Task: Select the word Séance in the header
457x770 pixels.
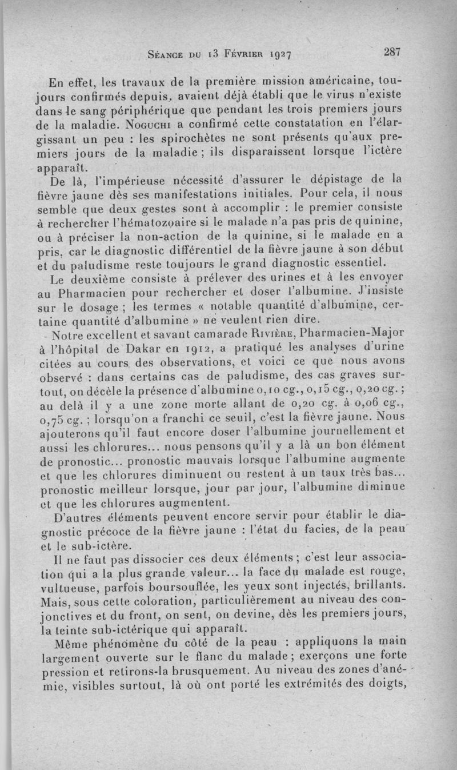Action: [167, 55]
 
